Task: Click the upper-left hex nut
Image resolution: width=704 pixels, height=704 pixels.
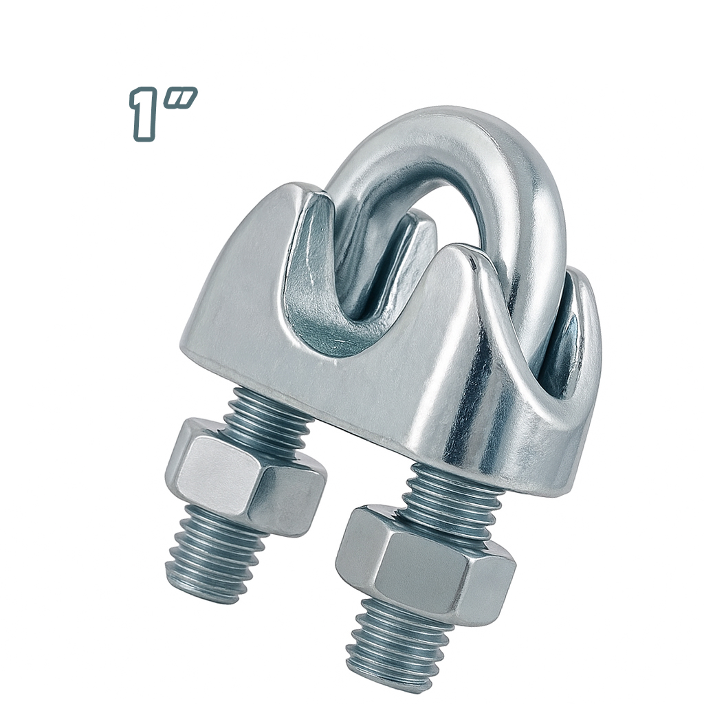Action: click(245, 477)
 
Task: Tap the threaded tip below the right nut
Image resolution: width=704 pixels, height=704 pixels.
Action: click(395, 646)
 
